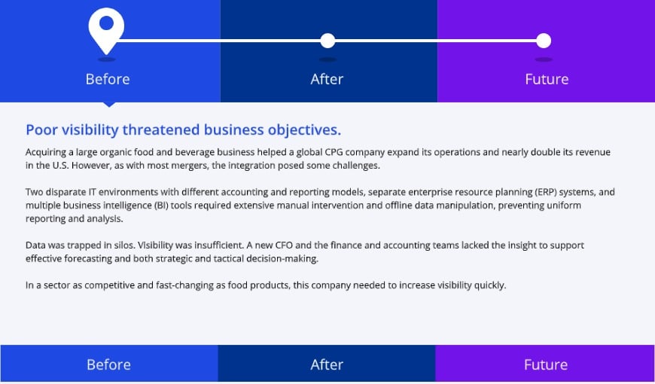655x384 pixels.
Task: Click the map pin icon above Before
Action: (x=106, y=29)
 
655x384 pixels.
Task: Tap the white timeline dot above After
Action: (x=327, y=41)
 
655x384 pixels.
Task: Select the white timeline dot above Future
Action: (x=544, y=41)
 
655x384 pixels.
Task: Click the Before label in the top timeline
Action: (x=108, y=79)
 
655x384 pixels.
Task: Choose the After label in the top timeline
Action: (x=327, y=79)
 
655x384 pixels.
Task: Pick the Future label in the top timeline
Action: (x=547, y=79)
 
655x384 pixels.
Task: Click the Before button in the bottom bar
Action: (x=108, y=364)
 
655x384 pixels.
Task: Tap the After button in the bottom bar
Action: (x=327, y=364)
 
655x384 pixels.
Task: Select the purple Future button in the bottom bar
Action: (x=545, y=364)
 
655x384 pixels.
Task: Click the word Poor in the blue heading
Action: (x=41, y=129)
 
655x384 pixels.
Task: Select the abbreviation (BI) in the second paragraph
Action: (x=147, y=206)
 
